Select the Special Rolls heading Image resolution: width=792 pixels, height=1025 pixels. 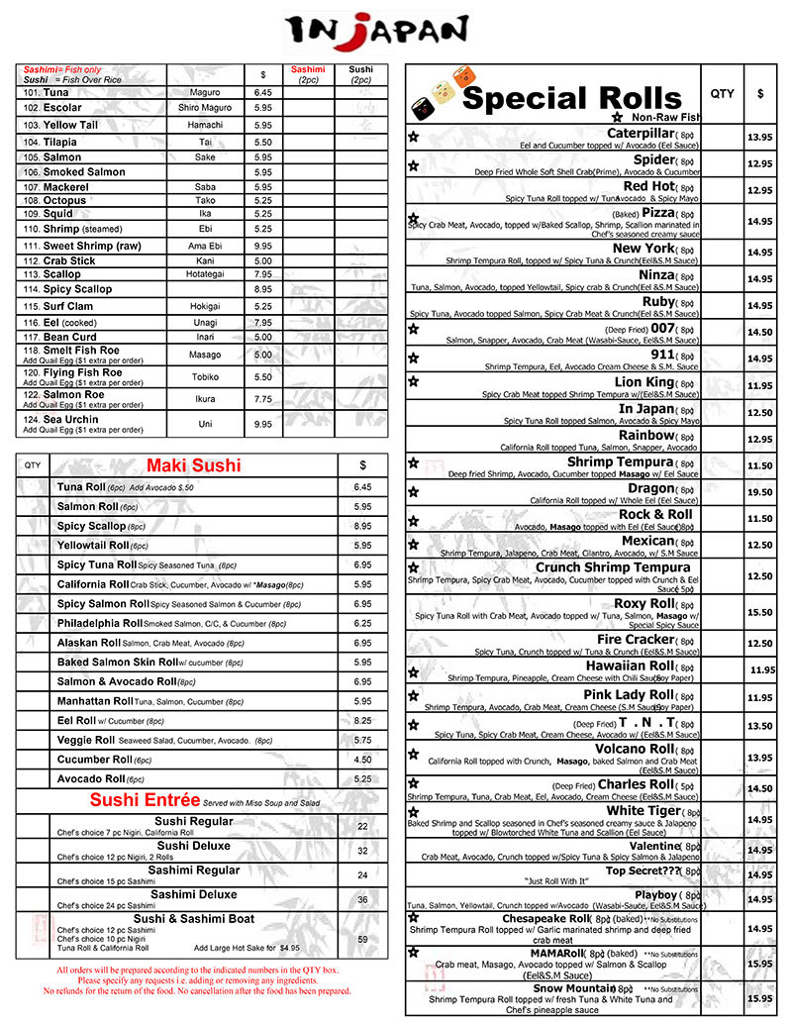572,98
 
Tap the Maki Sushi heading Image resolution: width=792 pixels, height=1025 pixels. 193,464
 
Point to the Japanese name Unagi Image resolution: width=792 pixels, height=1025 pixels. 205,322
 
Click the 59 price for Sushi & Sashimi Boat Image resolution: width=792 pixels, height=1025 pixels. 362,940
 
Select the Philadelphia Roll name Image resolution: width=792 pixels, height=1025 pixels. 100,623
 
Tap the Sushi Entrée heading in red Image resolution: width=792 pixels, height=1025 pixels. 145,800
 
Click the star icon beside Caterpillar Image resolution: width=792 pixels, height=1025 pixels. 414,138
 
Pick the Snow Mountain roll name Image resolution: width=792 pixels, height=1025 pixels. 575,988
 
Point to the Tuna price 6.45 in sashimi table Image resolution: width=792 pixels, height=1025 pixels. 262,92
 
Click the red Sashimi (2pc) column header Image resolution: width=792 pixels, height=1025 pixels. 307,74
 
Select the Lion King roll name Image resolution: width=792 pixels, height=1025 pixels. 643,382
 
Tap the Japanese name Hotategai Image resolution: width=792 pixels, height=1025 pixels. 205,274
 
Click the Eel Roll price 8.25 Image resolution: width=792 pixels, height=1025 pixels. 362,721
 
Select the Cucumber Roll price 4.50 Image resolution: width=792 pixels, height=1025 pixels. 362,760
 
